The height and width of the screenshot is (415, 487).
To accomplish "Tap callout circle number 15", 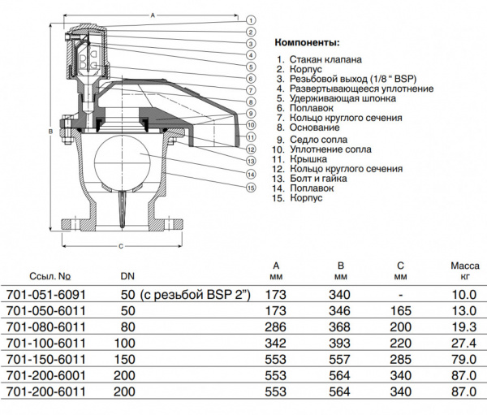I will (x=252, y=188).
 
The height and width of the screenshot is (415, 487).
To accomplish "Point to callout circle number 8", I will (x=252, y=102).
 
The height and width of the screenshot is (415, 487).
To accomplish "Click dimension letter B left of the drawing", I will (x=50, y=131).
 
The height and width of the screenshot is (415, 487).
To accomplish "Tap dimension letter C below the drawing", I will (x=120, y=244).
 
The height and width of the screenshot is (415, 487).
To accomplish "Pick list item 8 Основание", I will (x=308, y=128).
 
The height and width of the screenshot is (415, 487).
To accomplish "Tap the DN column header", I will (x=127, y=275).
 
